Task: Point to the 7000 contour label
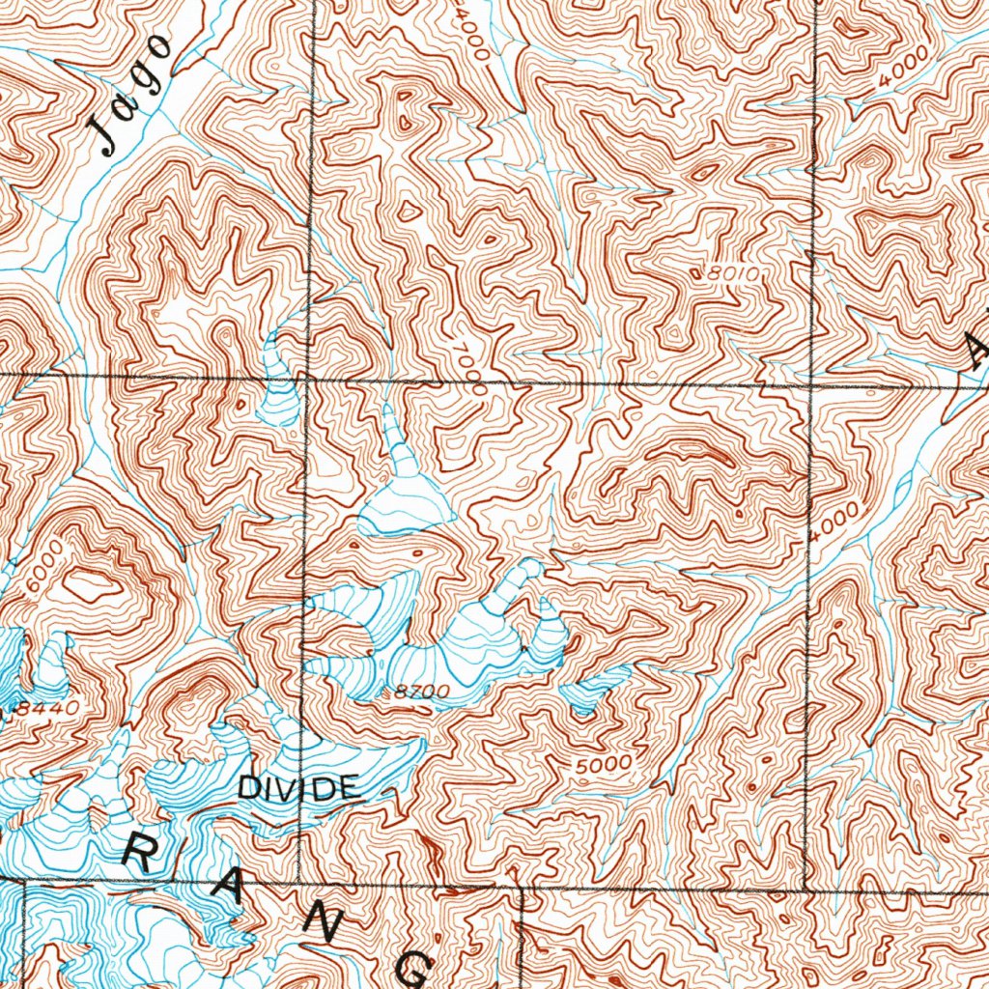click(x=470, y=369)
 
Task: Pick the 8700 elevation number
click(x=422, y=692)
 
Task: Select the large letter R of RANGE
click(x=143, y=854)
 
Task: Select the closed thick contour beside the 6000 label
click(x=89, y=584)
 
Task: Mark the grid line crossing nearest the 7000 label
click(x=307, y=378)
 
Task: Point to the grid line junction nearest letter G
click(x=520, y=887)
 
